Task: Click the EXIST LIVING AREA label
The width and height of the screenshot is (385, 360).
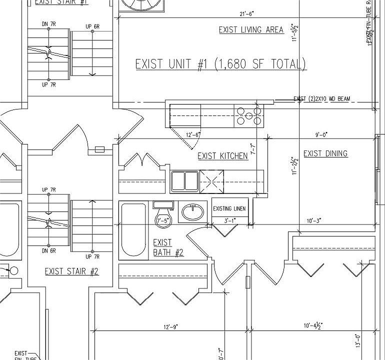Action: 251,30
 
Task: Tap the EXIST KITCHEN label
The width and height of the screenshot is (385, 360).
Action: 222,156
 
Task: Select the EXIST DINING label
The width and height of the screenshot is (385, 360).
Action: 325,153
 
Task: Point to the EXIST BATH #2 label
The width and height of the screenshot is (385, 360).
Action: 167,247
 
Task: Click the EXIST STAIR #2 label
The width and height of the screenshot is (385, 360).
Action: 71,271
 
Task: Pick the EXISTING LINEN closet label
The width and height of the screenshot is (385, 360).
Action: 229,208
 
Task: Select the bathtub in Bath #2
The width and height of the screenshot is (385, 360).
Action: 134,230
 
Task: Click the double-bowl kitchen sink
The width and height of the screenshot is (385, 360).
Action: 184,180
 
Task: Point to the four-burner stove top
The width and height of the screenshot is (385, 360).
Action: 249,116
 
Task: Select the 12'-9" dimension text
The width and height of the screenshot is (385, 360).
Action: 169,326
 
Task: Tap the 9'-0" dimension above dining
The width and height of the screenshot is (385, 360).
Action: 321,134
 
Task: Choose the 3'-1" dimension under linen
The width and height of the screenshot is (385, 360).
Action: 229,220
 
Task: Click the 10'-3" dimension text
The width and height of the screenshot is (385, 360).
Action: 314,220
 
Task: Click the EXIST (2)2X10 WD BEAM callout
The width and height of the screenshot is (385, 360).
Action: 321,99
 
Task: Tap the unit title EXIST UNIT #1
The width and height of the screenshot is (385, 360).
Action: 220,64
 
